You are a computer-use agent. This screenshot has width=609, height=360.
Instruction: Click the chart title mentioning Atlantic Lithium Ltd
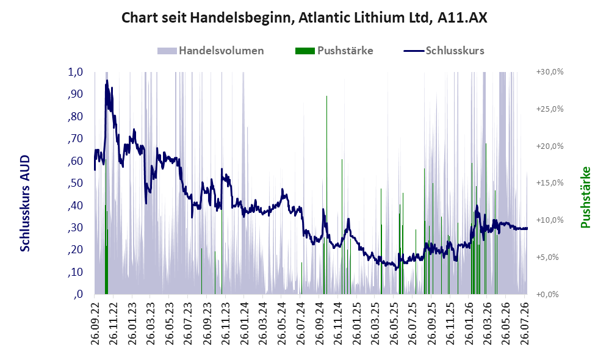click(304, 18)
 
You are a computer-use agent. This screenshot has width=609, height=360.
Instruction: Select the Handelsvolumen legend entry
click(211, 51)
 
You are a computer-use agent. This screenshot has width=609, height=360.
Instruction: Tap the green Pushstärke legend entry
click(334, 51)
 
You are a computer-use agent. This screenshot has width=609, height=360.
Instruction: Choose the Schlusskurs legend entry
click(444, 51)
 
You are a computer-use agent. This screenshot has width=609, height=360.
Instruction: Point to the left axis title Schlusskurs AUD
click(25, 203)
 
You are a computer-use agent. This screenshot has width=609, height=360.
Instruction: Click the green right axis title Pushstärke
click(585, 197)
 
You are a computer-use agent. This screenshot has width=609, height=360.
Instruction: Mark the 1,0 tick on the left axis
click(75, 72)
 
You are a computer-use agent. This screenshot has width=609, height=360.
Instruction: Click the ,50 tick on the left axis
click(75, 183)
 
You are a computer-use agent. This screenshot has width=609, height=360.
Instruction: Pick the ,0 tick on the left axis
click(78, 294)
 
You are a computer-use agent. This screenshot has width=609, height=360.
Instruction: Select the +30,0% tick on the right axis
click(550, 72)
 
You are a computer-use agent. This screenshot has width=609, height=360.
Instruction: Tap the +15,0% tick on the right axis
click(550, 183)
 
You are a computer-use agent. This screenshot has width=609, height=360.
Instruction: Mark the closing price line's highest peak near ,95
click(107, 81)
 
